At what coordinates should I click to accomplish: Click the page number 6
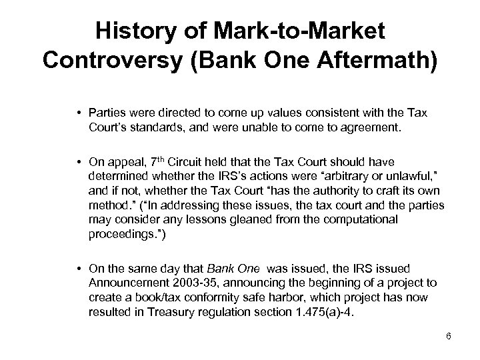449,335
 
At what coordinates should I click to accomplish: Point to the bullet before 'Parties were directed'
79,111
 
